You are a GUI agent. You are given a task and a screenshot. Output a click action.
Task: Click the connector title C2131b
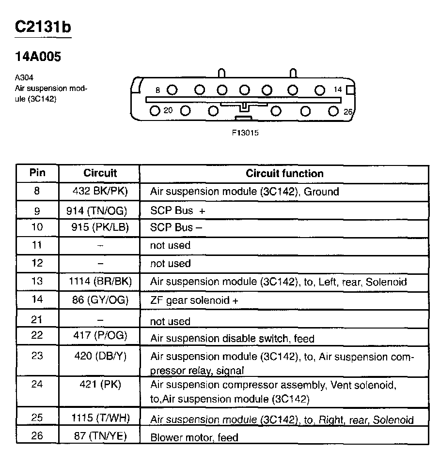pyautogui.click(x=43, y=27)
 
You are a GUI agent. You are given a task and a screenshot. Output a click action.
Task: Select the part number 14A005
pyautogui.click(x=38, y=57)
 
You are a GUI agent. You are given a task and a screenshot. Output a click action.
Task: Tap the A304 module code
pyautogui.click(x=24, y=77)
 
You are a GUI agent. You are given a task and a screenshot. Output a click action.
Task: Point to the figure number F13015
pyautogui.click(x=245, y=133)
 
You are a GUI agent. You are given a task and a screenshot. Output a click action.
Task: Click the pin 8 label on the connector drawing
pyautogui.click(x=157, y=90)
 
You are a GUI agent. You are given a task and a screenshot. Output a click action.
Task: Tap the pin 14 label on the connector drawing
pyautogui.click(x=338, y=90)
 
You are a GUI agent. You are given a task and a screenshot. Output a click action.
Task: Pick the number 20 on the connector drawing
pyautogui.click(x=168, y=110)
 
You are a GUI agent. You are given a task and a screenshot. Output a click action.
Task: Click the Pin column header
pyautogui.click(x=37, y=173)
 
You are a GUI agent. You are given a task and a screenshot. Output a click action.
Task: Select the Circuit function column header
pyautogui.click(x=284, y=173)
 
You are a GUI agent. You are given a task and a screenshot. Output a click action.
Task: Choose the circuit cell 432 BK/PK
pyautogui.click(x=100, y=191)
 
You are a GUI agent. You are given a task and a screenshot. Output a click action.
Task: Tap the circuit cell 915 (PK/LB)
pyautogui.click(x=100, y=227)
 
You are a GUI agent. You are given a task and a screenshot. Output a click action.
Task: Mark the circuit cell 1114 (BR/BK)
pyautogui.click(x=100, y=281)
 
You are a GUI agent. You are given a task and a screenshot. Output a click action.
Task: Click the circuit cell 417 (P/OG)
pyautogui.click(x=100, y=336)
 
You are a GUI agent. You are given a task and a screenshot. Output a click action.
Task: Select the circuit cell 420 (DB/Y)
pyautogui.click(x=100, y=357)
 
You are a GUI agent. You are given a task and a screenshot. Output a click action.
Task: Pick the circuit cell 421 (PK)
pyautogui.click(x=100, y=385)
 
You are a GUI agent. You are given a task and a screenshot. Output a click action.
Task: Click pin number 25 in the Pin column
pyautogui.click(x=37, y=417)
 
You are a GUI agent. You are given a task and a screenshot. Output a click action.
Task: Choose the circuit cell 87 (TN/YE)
pyautogui.click(x=100, y=436)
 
